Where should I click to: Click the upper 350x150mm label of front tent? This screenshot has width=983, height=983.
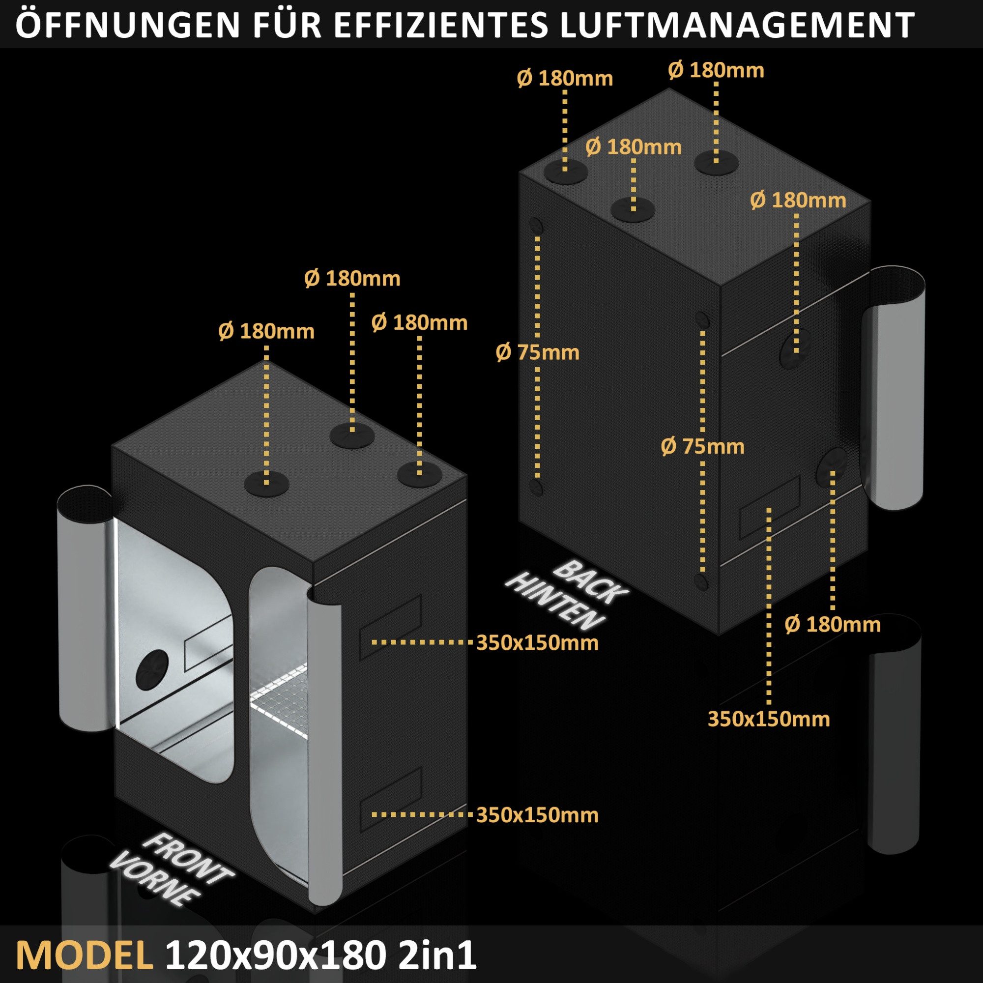pyautogui.click(x=537, y=643)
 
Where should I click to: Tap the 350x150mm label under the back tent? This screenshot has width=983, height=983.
pyautogui.click(x=768, y=720)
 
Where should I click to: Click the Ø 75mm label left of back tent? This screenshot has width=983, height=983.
pyautogui.click(x=537, y=352)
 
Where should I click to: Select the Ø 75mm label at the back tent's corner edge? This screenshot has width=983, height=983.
pyautogui.click(x=702, y=446)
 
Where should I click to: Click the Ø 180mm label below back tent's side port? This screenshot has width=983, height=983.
pyautogui.click(x=833, y=624)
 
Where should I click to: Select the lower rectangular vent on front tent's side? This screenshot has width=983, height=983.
pyautogui.click(x=391, y=797)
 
